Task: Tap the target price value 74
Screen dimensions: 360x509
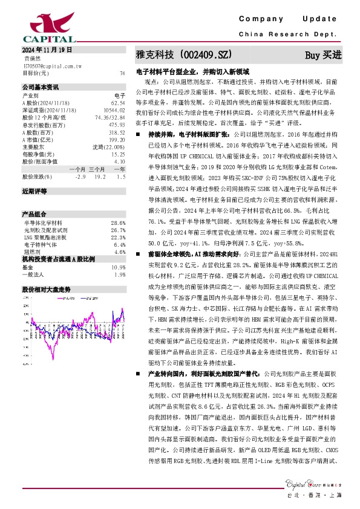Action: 122,73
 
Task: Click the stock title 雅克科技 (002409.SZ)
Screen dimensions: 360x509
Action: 184,55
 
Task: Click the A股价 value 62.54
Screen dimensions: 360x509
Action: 118,103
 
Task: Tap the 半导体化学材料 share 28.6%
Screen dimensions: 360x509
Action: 118,223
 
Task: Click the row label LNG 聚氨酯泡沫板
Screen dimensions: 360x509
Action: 45,238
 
